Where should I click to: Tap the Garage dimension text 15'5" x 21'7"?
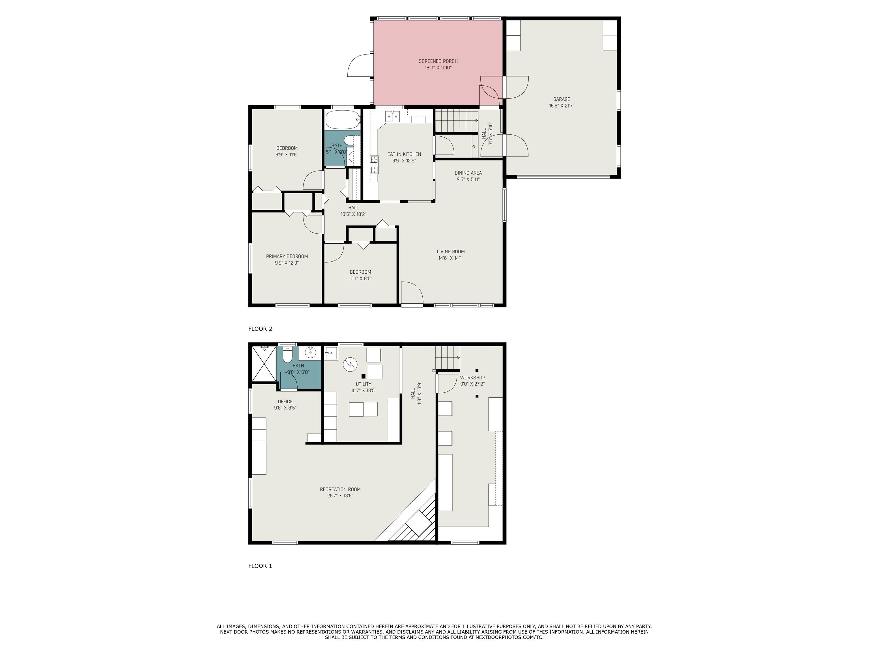point(562,106)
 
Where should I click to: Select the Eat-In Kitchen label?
point(404,154)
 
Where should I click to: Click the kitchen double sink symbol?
point(392,116)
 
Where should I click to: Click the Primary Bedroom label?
point(287,256)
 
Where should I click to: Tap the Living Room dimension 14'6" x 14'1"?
point(451,258)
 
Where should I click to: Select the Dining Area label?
point(468,173)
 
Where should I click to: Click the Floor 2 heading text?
point(260,329)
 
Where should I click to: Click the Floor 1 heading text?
point(260,566)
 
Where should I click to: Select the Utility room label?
point(363,384)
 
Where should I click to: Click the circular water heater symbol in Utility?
point(349,364)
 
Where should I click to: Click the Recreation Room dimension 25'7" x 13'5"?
point(340,496)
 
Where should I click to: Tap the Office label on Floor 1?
point(285,401)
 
